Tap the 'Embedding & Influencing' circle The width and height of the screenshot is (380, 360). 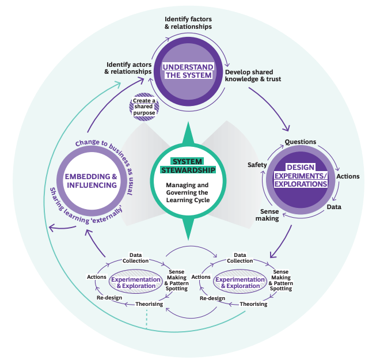point(92,181)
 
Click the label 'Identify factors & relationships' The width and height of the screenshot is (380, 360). point(188,22)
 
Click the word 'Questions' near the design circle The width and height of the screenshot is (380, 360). point(300,142)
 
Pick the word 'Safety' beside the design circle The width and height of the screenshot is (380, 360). point(257,165)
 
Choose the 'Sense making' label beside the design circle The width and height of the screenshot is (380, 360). point(266,215)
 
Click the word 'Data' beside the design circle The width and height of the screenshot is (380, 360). point(334,206)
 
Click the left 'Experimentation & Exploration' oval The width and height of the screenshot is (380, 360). point(134,282)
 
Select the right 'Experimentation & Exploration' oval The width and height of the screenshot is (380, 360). point(237,282)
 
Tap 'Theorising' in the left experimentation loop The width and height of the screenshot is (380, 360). point(149,304)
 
